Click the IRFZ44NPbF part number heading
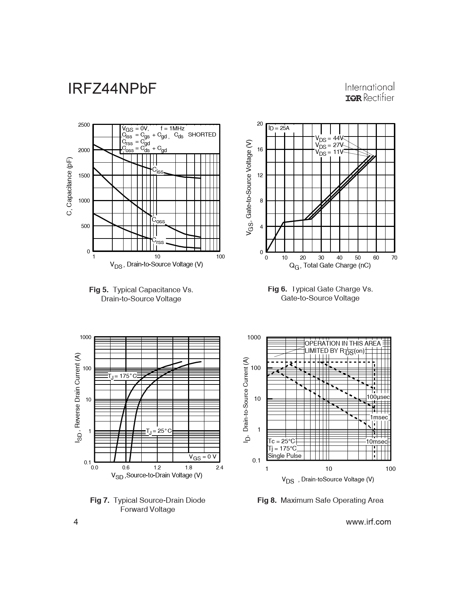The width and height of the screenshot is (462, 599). (x=112, y=89)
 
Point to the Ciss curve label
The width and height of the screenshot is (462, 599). (x=158, y=170)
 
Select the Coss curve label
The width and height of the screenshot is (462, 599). (x=158, y=220)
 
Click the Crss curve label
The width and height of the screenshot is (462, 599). (x=158, y=241)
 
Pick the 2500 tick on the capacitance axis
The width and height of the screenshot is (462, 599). (x=84, y=125)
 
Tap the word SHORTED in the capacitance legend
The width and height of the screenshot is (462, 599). (x=202, y=135)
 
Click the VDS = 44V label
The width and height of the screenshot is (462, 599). (x=329, y=138)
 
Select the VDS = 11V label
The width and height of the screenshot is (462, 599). (x=329, y=152)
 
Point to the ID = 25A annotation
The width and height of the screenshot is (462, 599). (x=279, y=128)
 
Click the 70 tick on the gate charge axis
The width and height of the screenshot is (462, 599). (x=394, y=258)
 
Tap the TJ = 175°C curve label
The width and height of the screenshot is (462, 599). (x=122, y=376)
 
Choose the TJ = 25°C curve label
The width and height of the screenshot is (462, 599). (x=159, y=431)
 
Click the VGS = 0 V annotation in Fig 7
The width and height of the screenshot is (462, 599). (x=203, y=457)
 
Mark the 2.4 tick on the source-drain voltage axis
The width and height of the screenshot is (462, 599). (x=219, y=468)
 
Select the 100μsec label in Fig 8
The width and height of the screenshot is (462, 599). (x=378, y=397)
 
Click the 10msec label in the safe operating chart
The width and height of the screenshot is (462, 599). (x=376, y=442)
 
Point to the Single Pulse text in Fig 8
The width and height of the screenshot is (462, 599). (x=284, y=456)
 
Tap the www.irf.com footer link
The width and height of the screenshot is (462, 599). (x=369, y=522)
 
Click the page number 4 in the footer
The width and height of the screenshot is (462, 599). (x=76, y=522)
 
